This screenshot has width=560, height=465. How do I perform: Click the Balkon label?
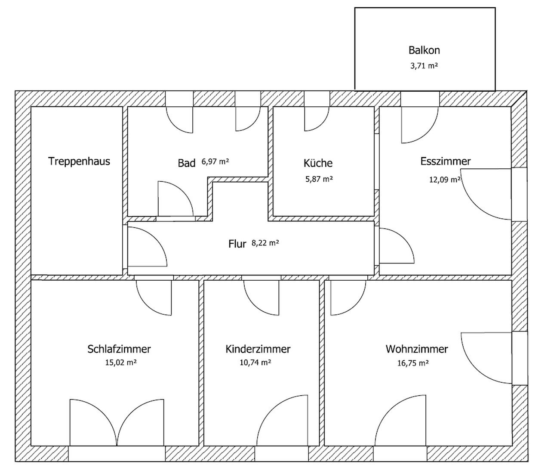pyautogui.click(x=424, y=50)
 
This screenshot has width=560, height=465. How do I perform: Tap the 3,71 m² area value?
pyautogui.click(x=424, y=66)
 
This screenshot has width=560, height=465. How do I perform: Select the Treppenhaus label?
pyautogui.click(x=79, y=161)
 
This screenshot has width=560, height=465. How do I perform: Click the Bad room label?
pyautogui.click(x=187, y=163)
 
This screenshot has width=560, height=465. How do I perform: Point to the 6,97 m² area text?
pyautogui.click(x=215, y=162)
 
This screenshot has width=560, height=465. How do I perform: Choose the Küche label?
pyautogui.click(x=318, y=163)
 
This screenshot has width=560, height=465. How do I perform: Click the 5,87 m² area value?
pyautogui.click(x=319, y=179)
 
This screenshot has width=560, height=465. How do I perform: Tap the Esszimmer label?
pyautogui.click(x=446, y=161)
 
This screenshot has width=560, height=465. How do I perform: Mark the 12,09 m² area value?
pyautogui.click(x=445, y=180)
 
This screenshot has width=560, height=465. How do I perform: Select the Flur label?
pyautogui.click(x=237, y=244)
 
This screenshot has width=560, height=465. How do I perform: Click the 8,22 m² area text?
pyautogui.click(x=265, y=243)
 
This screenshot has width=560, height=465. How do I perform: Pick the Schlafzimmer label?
pyautogui.click(x=119, y=349)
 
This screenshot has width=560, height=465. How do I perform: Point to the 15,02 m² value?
pyautogui.click(x=121, y=363)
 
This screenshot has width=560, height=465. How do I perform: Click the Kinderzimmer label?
pyautogui.click(x=258, y=349)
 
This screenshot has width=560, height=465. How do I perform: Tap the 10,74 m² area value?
pyautogui.click(x=255, y=363)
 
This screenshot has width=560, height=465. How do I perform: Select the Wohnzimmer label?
pyautogui.click(x=417, y=349)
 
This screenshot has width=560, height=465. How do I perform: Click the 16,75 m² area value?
pyautogui.click(x=413, y=363)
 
